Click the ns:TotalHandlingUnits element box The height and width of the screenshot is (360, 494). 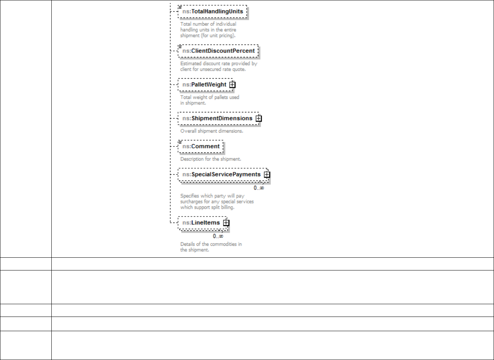tap(212, 12)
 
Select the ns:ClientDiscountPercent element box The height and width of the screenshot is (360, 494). tap(218, 51)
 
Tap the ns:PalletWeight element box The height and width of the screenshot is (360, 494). tap(204, 85)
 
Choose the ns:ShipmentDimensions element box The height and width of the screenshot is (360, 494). tap(217, 118)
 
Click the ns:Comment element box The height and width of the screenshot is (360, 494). tap(201, 146)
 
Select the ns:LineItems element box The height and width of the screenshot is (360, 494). tap(201, 223)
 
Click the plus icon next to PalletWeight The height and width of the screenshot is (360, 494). tap(232, 85)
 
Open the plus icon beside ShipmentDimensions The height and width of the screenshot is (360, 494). tap(259, 118)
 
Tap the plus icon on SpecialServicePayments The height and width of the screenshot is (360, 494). tap(266, 175)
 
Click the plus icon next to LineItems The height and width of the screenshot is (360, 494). tap(226, 223)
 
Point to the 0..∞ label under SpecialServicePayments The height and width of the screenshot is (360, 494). tap(259, 188)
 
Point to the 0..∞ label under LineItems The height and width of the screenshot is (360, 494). tap(218, 236)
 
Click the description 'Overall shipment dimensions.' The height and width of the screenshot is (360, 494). tap(212, 131)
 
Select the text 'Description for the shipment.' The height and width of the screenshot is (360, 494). tap(211, 159)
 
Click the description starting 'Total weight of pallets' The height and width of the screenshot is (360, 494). tap(210, 100)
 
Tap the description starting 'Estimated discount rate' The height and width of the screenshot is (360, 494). tap(219, 66)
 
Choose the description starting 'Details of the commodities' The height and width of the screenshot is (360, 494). tap(211, 247)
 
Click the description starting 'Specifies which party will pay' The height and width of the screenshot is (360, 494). tap(217, 202)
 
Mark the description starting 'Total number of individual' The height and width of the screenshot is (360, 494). tap(208, 30)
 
